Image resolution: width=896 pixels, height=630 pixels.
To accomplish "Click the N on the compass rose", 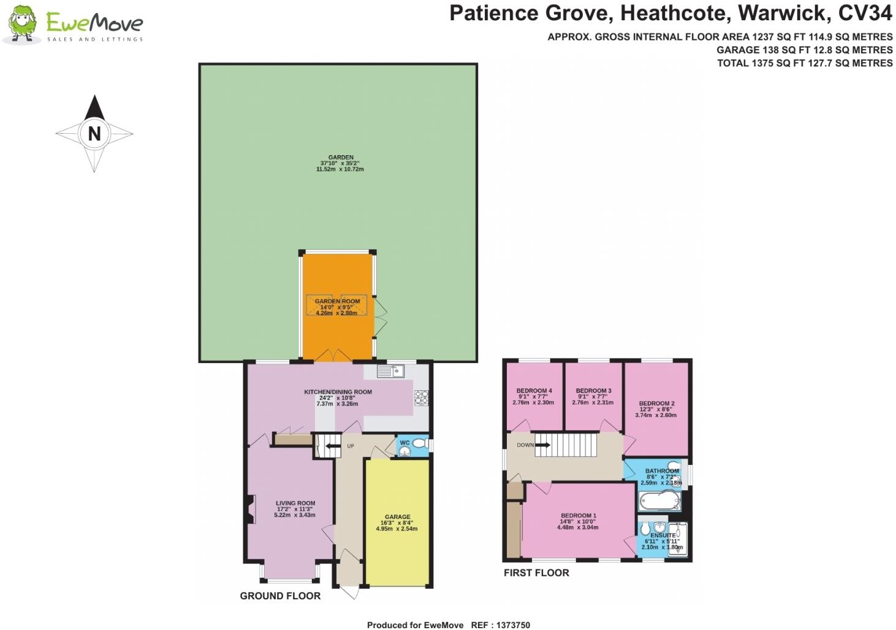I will (x=94, y=134).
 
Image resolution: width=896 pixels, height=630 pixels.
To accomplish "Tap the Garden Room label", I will (x=337, y=301).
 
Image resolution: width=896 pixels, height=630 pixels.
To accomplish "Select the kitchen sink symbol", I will (x=390, y=371).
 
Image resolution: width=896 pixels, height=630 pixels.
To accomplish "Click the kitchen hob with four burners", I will (x=421, y=398).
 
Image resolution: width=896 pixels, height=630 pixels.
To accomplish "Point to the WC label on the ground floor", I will (x=404, y=443).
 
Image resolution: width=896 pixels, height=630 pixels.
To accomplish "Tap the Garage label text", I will (x=397, y=517).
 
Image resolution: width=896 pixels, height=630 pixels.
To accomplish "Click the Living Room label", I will (x=295, y=503).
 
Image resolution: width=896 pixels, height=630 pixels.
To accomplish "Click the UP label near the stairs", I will (x=351, y=446).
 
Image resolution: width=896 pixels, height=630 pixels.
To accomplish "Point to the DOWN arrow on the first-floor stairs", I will (x=542, y=445).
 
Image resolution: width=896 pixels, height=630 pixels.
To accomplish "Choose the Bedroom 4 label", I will (x=534, y=391).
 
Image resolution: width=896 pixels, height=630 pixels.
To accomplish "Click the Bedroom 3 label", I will (x=593, y=391).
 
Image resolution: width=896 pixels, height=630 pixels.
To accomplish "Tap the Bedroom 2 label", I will (x=656, y=404).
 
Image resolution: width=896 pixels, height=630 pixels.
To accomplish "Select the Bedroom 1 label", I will (x=578, y=516).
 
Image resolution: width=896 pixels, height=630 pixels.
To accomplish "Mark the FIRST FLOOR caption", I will (x=536, y=573).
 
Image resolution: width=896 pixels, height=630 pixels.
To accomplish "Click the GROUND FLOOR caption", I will (x=280, y=596).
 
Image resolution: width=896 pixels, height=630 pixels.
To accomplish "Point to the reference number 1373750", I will (x=509, y=625).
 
